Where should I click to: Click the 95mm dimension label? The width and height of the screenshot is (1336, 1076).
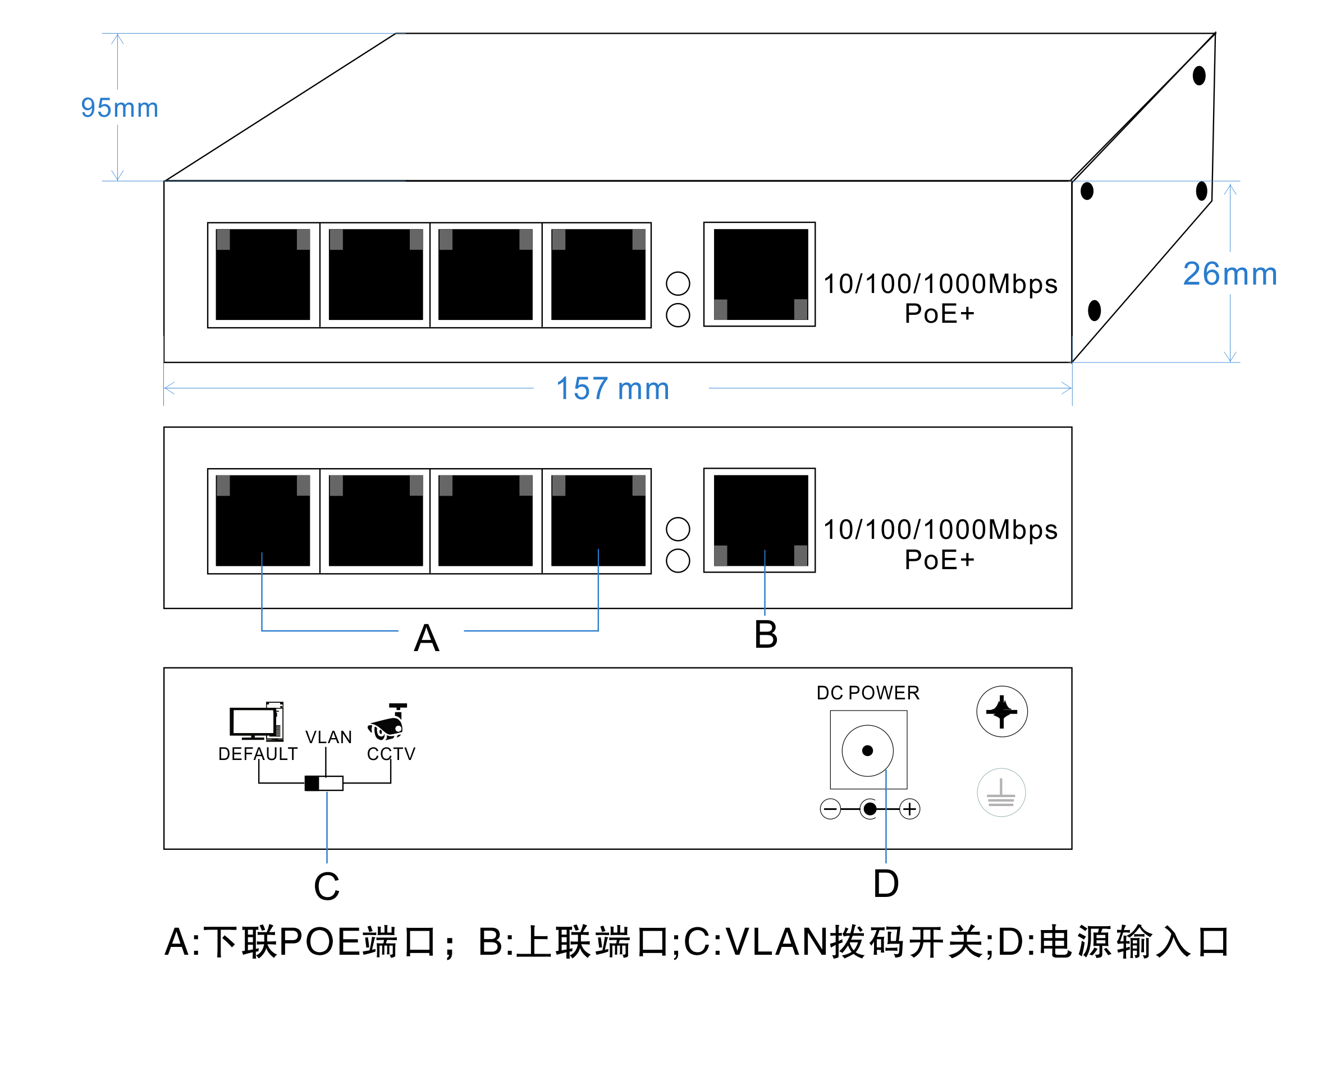point(120,108)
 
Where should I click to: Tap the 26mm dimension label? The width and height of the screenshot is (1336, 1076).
point(1230,274)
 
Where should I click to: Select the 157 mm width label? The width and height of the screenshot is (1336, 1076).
point(612,388)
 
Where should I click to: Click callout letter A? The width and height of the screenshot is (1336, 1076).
point(427,638)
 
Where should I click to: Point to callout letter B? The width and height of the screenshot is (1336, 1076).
point(766,635)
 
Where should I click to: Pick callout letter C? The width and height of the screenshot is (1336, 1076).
point(327,886)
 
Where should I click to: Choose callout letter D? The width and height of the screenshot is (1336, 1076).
point(886,883)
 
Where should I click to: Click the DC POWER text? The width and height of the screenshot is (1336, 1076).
point(868,693)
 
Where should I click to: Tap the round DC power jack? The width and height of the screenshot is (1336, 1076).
point(867,750)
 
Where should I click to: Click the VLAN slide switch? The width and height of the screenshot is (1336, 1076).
point(324,784)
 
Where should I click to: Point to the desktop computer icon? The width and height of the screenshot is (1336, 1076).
point(257,721)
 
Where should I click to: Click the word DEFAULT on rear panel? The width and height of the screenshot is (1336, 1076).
point(258,754)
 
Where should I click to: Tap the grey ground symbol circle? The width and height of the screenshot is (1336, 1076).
point(1001,793)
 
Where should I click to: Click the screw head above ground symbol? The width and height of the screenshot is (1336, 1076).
point(1002,712)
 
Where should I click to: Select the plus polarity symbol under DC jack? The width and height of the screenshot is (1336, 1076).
point(909,809)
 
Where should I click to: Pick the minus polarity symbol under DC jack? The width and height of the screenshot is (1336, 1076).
point(830,809)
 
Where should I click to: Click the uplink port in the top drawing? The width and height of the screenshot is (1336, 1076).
point(759,274)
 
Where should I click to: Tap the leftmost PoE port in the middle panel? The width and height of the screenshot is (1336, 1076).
point(263,521)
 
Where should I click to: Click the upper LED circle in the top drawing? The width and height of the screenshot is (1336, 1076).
point(678,283)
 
